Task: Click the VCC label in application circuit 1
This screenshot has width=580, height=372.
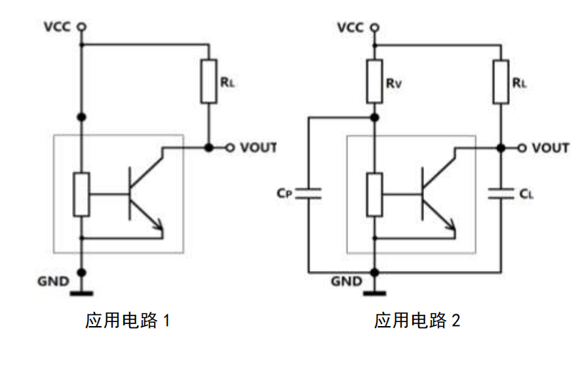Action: point(58,27)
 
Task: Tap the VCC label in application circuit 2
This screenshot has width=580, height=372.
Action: point(351,27)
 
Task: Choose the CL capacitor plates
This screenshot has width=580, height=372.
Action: point(501,192)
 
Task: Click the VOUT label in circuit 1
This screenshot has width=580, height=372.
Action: point(258,148)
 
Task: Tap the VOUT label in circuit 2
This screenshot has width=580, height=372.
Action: point(551,148)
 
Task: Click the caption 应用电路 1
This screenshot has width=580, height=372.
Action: point(128,321)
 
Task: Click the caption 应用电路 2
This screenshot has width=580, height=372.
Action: point(417,321)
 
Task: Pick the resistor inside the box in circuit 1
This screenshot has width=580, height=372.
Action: point(82,195)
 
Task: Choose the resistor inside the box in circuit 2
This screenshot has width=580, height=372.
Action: point(374,195)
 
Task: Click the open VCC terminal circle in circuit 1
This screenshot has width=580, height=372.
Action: point(82,27)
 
